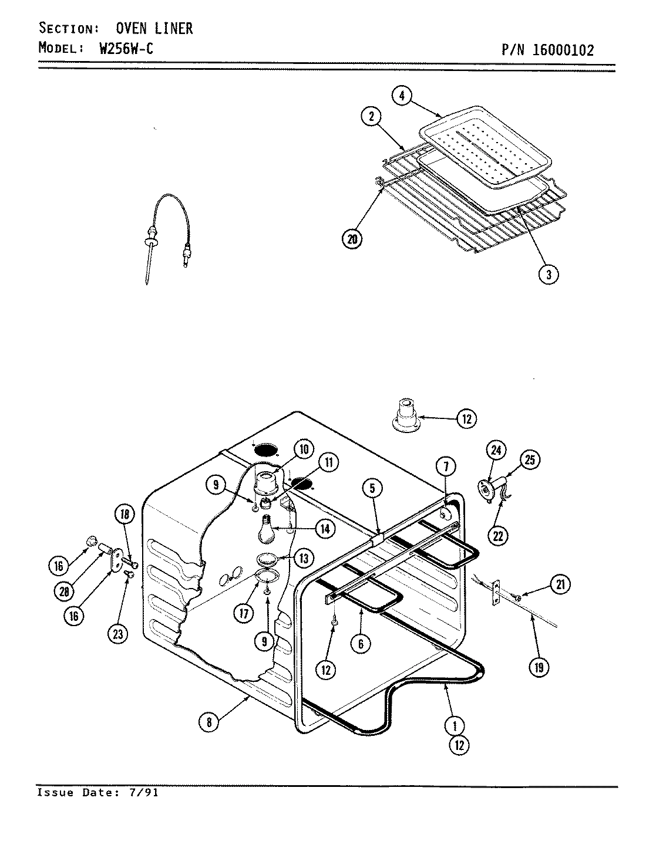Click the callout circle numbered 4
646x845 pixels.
[x=402, y=97]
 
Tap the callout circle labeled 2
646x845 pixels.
[x=371, y=117]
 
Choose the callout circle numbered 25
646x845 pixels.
[x=530, y=460]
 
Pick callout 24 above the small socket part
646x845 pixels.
[x=496, y=451]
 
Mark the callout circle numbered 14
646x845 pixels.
[x=324, y=528]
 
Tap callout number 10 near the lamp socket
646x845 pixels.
[x=304, y=450]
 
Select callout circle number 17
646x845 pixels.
[x=243, y=614]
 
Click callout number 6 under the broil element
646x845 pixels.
[x=361, y=644]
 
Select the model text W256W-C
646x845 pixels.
[x=126, y=49]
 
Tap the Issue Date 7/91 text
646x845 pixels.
[x=97, y=793]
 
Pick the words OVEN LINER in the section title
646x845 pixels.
[x=154, y=28]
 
